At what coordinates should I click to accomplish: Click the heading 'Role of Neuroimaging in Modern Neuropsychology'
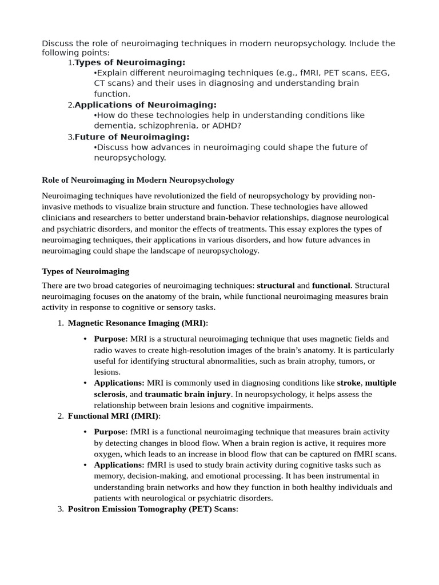[x=138, y=180]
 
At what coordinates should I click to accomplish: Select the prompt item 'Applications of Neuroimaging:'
[x=146, y=105]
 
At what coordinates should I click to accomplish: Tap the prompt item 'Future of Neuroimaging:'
[x=132, y=137]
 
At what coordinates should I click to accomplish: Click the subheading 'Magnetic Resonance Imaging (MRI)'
[x=137, y=323]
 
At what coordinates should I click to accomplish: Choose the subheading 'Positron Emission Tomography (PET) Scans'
[x=152, y=508]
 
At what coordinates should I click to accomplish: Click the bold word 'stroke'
[x=349, y=383]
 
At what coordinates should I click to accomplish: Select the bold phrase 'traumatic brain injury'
[x=187, y=394]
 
